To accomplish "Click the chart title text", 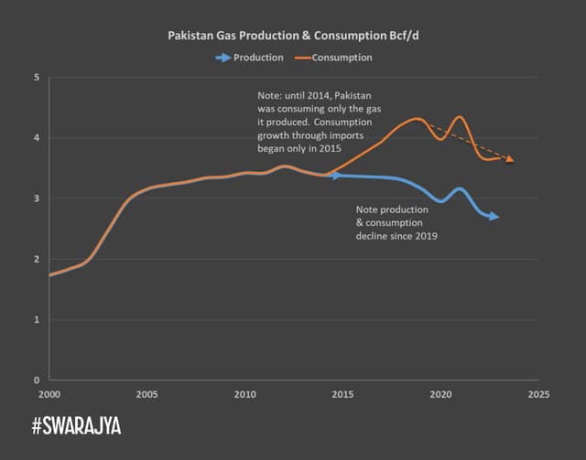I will pyautogui.click(x=293, y=37).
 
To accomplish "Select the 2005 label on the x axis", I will pyautogui.click(x=146, y=395).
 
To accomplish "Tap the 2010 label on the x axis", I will pyautogui.click(x=244, y=395).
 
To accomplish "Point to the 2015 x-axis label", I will pyautogui.click(x=342, y=395).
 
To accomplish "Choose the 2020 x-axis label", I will pyautogui.click(x=440, y=395).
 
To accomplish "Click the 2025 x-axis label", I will pyautogui.click(x=538, y=395).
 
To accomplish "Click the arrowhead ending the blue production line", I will pyautogui.click(x=494, y=217).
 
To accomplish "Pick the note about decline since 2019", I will pyautogui.click(x=396, y=223).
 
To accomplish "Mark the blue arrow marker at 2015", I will pyautogui.click(x=338, y=175).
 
